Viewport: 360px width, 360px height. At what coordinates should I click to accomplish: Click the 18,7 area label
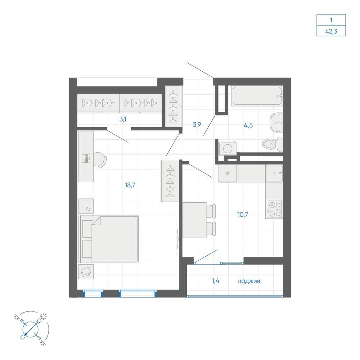[130, 185]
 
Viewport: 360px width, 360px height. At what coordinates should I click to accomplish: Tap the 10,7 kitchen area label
[242, 215]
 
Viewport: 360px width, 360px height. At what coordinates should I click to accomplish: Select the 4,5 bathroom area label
[248, 125]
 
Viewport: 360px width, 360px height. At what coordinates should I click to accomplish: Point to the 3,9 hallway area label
[197, 125]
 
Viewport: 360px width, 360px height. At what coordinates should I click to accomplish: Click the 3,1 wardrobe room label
[123, 119]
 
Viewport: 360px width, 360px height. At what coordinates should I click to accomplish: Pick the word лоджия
[249, 281]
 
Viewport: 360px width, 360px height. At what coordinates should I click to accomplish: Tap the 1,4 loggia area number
[216, 281]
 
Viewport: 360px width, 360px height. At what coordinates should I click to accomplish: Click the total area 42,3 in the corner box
[331, 31]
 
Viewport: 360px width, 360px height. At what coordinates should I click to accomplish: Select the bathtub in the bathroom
[257, 96]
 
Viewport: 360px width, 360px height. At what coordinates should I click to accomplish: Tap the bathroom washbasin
[276, 122]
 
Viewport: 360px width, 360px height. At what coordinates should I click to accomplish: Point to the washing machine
[227, 148]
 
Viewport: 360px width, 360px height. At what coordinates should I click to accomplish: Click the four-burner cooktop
[274, 210]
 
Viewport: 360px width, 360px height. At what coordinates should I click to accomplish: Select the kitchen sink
[274, 173]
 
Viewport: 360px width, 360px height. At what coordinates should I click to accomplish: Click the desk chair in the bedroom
[100, 160]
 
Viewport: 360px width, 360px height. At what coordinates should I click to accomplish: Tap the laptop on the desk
[86, 158]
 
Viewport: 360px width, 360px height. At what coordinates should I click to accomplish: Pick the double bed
[109, 239]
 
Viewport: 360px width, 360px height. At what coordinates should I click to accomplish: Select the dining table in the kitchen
[194, 220]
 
